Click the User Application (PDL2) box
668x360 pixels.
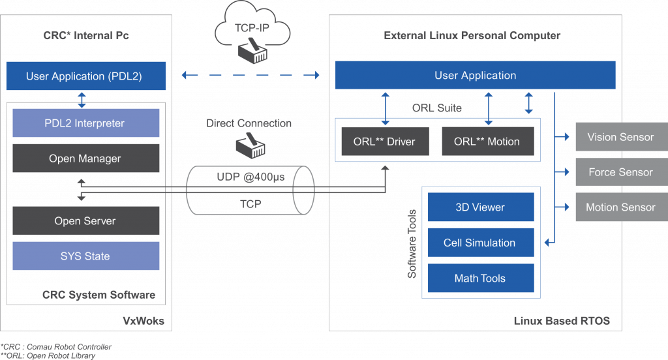86,76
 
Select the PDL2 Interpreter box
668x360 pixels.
86,123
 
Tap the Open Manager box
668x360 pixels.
86,158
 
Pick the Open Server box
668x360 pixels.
86,220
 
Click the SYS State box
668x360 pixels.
86,256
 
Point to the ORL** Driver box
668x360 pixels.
385,142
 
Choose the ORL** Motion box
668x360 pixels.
488,142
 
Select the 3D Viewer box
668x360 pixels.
481,207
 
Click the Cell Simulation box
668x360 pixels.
481,243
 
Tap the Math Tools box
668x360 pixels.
481,278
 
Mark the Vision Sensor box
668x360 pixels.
622,137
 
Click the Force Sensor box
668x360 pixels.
622,172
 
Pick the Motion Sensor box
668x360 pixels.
622,207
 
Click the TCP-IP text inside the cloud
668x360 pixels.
252,28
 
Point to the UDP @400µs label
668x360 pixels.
250,177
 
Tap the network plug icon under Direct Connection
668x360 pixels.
250,145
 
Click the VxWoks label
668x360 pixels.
144,321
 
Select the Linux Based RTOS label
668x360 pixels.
562,321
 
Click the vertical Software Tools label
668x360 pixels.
412,244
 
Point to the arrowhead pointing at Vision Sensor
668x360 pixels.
567,137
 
